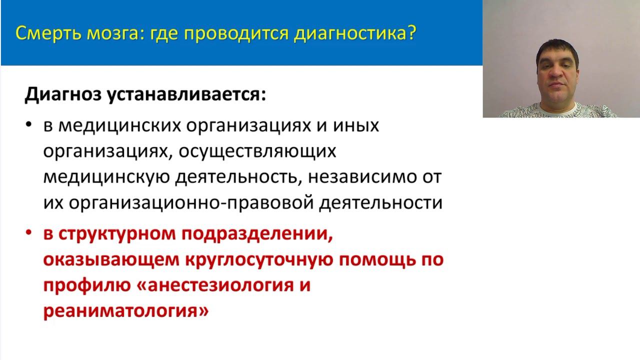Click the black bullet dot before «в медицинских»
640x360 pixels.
pos(29,124)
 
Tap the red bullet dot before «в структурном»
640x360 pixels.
pos(29,233)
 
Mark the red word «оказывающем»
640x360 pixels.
pos(111,260)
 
